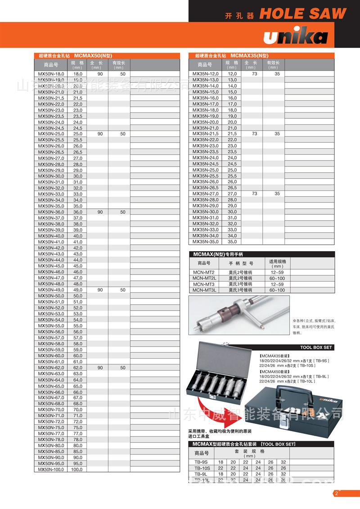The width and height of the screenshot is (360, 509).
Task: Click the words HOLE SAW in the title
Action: [303, 14]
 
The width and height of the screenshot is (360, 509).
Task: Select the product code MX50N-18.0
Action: [52, 74]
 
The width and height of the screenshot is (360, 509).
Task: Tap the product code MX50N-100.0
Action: [52, 469]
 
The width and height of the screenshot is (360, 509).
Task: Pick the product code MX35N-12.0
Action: [205, 74]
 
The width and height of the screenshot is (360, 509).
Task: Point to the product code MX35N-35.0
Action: [205, 242]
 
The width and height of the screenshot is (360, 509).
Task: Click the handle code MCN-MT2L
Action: [204, 278]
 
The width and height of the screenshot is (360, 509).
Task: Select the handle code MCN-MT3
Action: [204, 284]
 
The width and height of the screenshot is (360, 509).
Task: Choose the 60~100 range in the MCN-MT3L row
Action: [277, 290]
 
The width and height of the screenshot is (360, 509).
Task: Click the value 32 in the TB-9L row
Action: [283, 474]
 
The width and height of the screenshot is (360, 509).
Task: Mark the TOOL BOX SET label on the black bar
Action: [316, 347]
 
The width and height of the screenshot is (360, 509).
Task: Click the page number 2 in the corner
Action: [336, 494]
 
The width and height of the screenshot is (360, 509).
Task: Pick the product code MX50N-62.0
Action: [52, 368]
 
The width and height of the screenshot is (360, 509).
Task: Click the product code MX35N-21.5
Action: [205, 134]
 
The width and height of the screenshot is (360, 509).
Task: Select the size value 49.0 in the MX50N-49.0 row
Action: [78, 290]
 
